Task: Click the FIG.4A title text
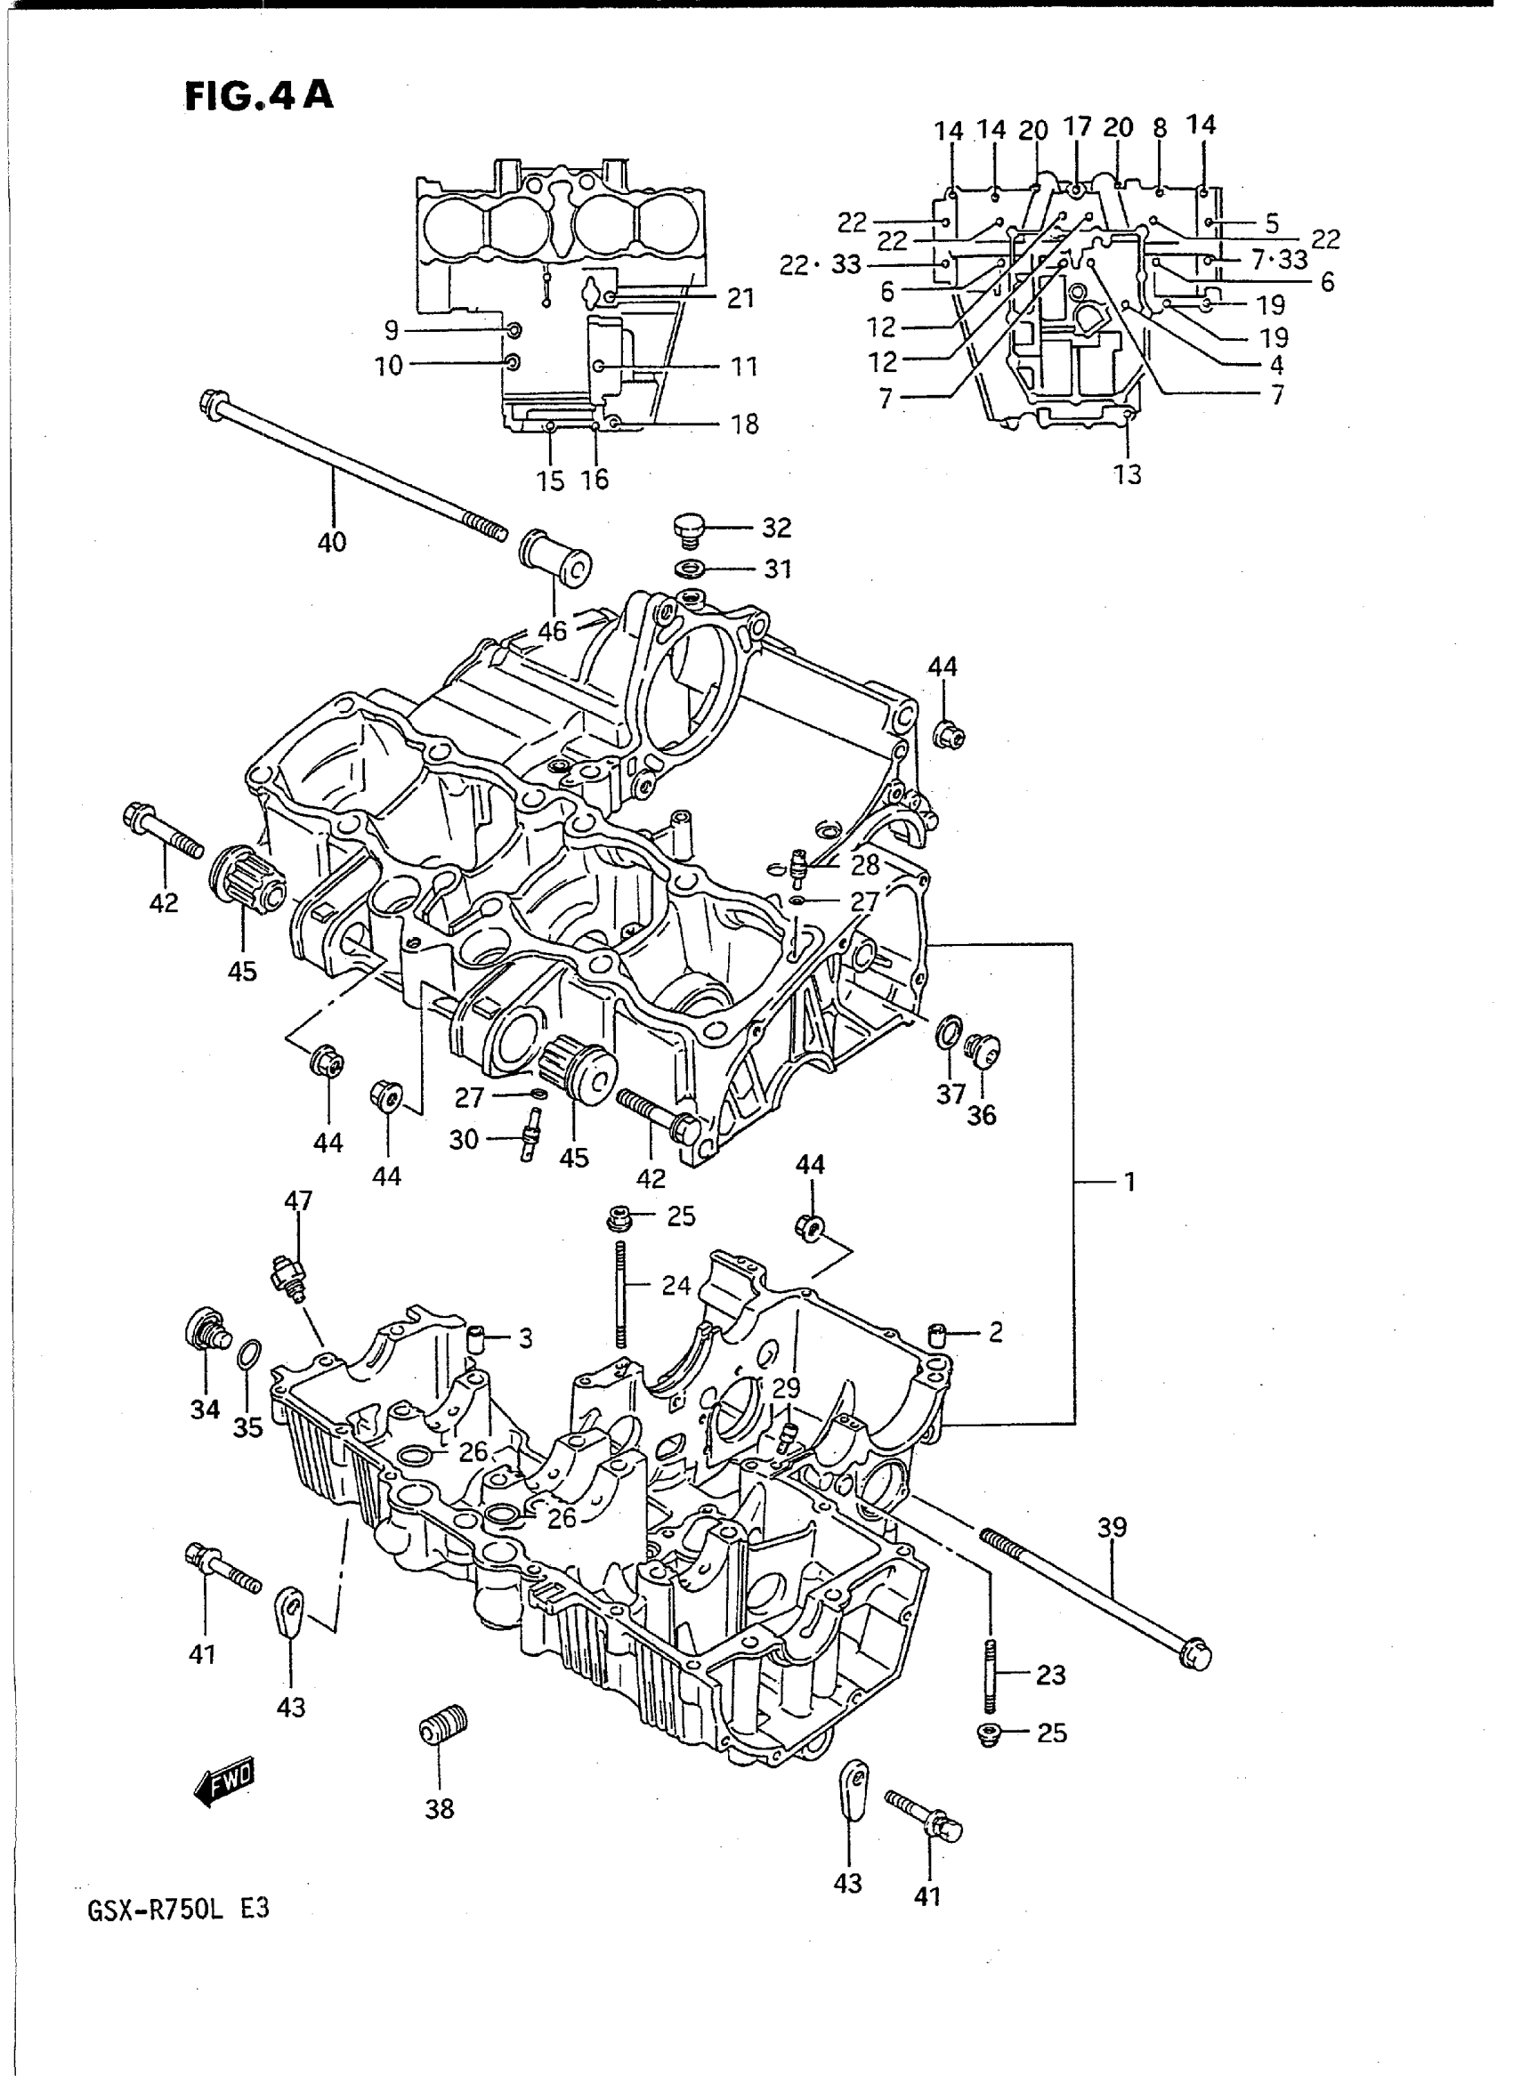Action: coord(259,95)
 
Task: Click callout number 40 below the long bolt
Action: coord(332,542)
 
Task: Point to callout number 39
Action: coord(1111,1528)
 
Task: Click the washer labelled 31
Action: coord(688,569)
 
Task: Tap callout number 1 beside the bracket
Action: coord(1129,1183)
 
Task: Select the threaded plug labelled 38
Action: coord(443,1727)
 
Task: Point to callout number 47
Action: coord(298,1200)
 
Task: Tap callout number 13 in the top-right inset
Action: coord(1128,474)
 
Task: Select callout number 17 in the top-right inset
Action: coord(1078,126)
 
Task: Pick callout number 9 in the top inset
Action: coord(391,329)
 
